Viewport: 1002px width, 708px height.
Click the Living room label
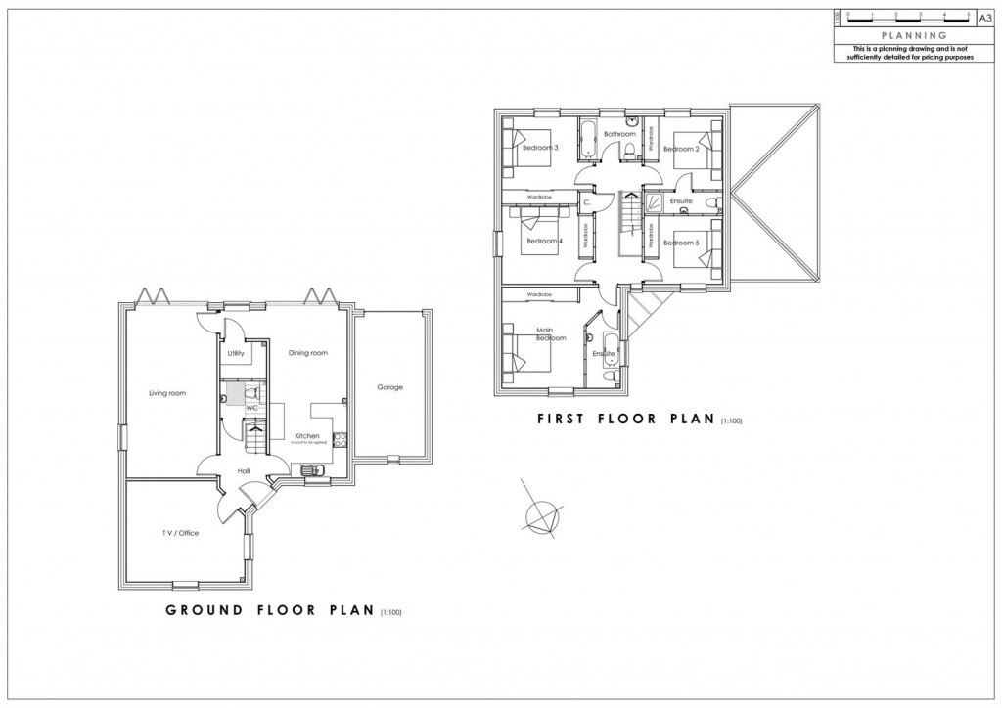(x=167, y=393)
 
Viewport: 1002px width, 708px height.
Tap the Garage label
(x=390, y=387)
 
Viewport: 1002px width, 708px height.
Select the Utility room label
(x=236, y=353)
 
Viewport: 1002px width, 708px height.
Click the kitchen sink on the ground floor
(x=313, y=471)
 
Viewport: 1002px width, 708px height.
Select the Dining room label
(x=308, y=353)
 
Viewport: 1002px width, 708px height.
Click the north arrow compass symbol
(x=540, y=513)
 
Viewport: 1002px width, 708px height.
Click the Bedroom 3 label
(x=540, y=148)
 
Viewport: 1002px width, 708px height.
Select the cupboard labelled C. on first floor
(x=587, y=202)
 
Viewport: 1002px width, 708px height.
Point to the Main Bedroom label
(x=551, y=334)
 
